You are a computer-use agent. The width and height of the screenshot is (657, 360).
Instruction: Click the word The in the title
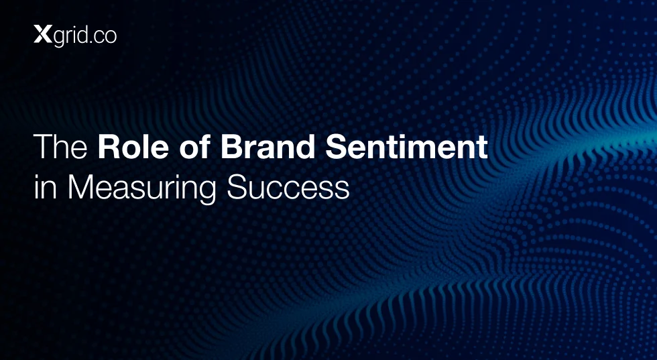coord(60,147)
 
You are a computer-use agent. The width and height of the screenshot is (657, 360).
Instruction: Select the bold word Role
coord(133,147)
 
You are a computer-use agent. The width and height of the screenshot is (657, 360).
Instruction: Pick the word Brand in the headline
coord(267,147)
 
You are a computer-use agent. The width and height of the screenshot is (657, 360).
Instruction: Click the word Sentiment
coord(406,147)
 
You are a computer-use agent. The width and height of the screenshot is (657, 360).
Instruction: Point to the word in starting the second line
coord(45,187)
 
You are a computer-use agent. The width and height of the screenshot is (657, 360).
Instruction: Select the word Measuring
coord(141,190)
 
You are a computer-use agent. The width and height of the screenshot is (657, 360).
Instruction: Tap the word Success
coord(288,187)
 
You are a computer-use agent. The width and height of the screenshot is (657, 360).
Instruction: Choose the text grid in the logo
coord(70,36)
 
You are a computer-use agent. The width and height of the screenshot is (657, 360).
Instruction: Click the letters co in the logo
coord(105,37)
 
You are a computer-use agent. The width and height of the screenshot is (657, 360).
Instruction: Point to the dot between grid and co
coord(91,42)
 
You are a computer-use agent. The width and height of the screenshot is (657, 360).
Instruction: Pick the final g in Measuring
coord(207,193)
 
